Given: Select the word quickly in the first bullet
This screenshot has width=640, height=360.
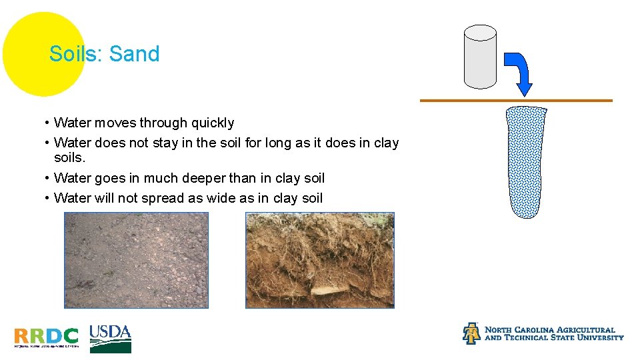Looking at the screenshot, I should pos(213,123).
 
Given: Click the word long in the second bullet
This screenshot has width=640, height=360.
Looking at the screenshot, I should pos(283,143).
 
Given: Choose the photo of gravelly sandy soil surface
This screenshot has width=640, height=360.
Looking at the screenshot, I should pos(136,260).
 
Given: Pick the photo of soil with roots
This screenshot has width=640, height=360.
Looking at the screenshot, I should pos(320,260).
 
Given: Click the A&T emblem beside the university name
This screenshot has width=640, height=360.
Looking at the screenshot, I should pos(471,333).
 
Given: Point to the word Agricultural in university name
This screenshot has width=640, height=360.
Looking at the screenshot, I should pos(580,329).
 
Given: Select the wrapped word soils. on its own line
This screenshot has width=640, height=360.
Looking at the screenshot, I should pos(70,159).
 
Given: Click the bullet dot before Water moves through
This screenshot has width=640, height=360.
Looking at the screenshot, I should pos(47,123).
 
